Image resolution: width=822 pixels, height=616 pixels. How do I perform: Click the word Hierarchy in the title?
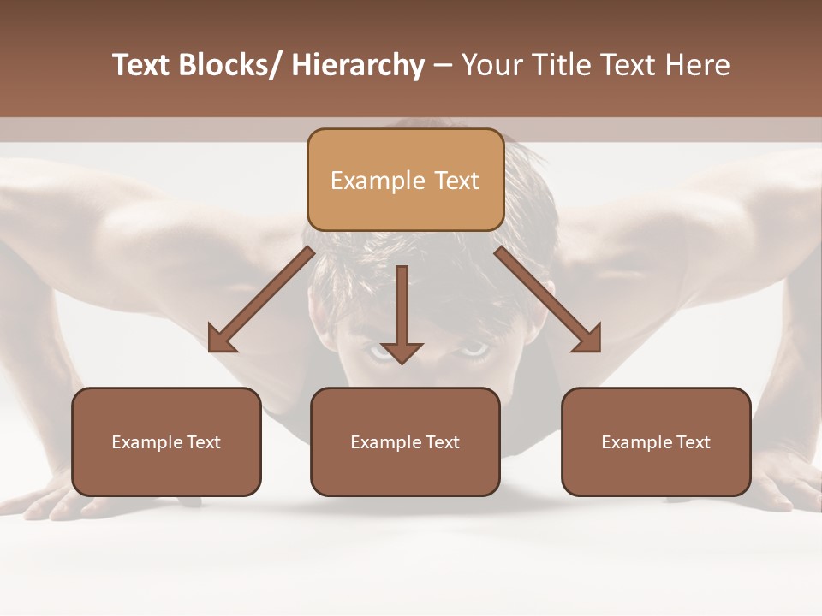(358, 65)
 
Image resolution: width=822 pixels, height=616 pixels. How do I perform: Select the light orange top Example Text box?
(405, 180)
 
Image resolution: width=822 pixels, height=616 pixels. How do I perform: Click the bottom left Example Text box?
(166, 441)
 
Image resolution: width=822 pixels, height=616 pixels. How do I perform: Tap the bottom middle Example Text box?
(405, 441)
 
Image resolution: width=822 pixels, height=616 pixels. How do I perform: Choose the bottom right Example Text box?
(656, 441)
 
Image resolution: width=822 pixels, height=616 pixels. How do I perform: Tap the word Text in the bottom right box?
(694, 442)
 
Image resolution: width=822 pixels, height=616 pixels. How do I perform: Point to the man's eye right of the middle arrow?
(472, 349)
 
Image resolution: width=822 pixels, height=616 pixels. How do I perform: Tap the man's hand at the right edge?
(783, 479)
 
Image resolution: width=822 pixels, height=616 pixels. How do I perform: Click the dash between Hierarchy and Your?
(443, 67)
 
